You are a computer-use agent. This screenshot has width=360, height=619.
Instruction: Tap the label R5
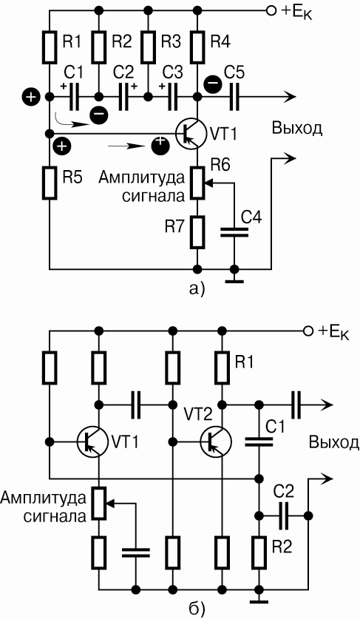tap(72, 178)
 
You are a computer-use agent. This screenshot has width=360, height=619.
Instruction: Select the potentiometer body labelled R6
tap(197, 182)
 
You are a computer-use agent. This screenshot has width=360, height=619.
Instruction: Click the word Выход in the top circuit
tap(297, 129)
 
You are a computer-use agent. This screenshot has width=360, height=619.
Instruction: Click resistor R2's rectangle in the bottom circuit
tap(259, 551)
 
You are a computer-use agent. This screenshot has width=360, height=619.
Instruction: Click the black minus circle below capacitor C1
tap(98, 115)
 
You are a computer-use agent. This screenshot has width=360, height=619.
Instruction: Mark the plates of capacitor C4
tap(234, 233)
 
